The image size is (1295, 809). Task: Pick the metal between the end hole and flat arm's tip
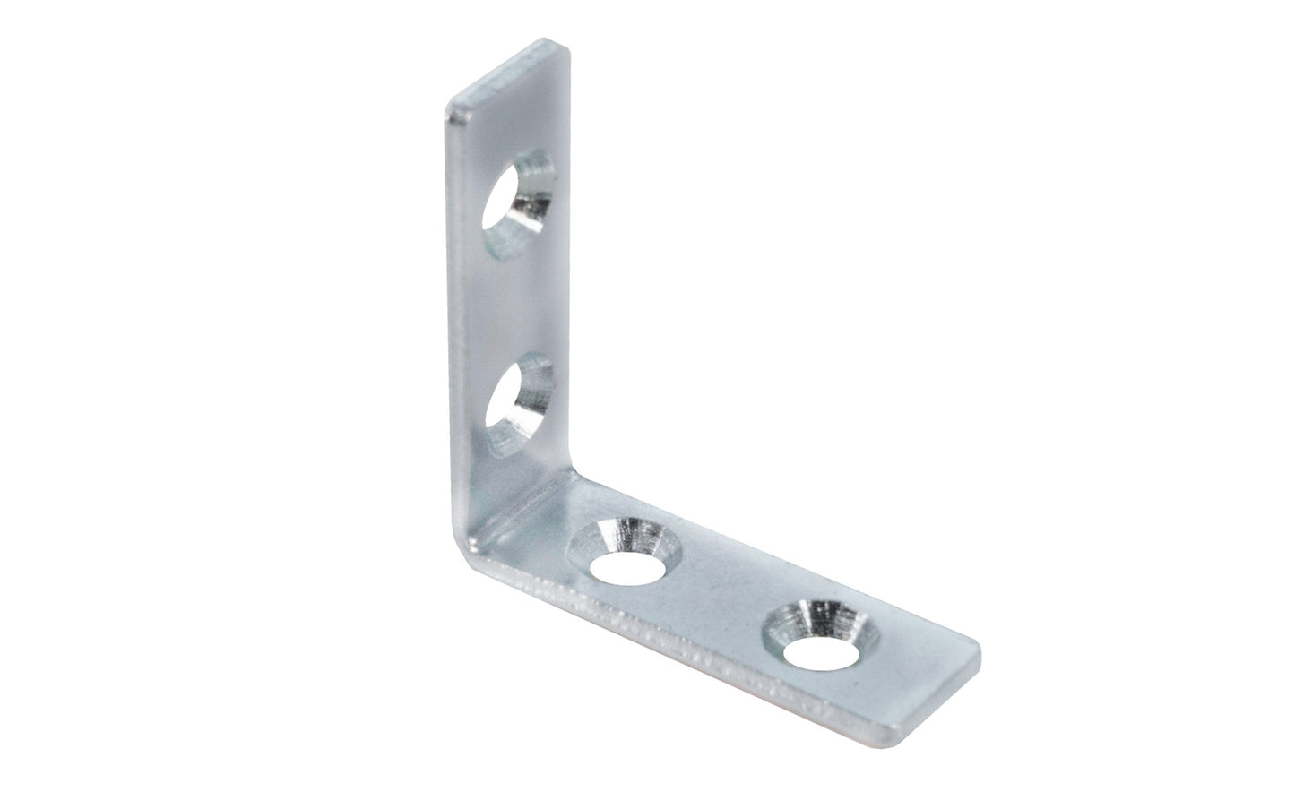tap(896, 658)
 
